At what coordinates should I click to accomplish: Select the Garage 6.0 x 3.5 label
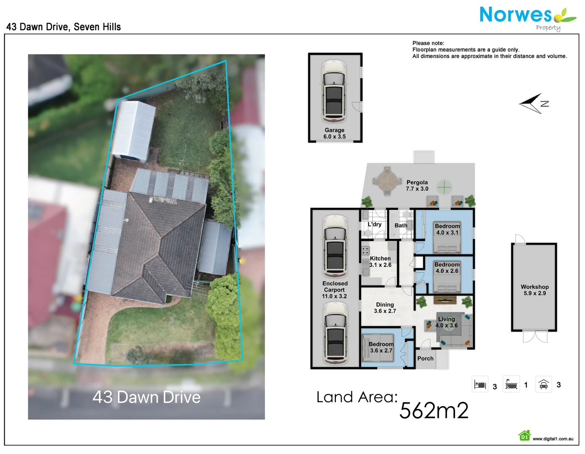point(334,133)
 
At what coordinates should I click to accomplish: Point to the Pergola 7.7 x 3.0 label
point(417,185)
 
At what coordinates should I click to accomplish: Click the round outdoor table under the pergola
point(386,181)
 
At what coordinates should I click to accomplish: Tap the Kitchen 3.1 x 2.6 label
point(380,261)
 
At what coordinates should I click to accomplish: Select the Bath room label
point(401,225)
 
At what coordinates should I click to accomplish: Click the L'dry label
point(374,224)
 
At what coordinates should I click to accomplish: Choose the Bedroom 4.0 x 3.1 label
point(447,229)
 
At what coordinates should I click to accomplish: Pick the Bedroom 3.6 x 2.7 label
point(381,347)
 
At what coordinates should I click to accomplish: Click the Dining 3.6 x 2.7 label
point(385,308)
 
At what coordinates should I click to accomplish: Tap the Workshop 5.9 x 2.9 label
point(535,290)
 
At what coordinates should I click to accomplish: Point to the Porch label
point(425,359)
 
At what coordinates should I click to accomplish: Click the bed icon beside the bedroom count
point(480,384)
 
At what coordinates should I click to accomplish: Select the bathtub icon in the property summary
point(511,384)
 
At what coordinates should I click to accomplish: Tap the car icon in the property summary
point(543,384)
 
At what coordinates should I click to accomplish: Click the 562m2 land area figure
point(434,410)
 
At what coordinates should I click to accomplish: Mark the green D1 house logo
point(524,436)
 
